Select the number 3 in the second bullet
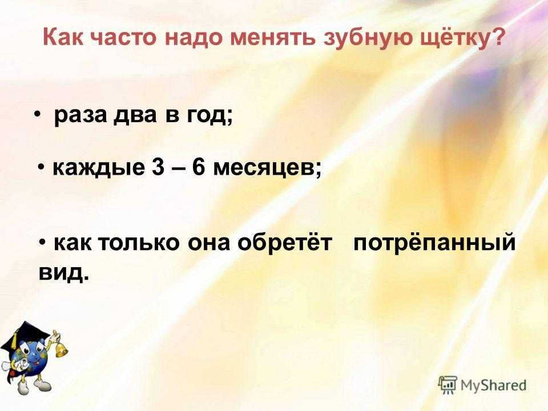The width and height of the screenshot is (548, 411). tap(158, 168)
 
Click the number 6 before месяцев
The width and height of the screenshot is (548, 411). tap(198, 168)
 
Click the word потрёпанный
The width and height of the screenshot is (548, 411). tap(434, 243)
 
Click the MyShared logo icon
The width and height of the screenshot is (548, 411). tap(448, 385)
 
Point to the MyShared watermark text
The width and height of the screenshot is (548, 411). tap(493, 385)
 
